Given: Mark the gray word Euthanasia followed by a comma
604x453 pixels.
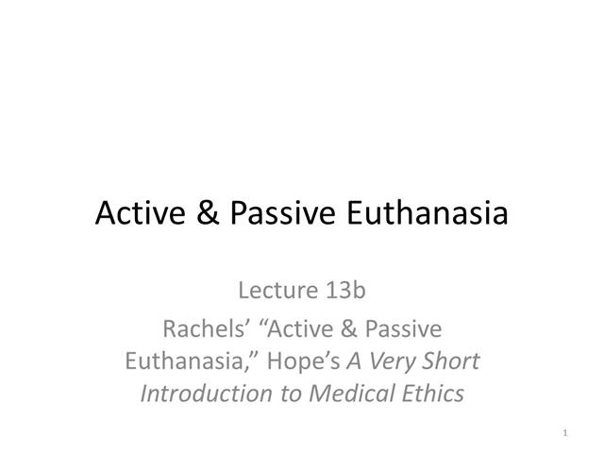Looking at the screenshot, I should [184, 361].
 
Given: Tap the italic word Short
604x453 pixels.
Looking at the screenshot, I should [454, 361].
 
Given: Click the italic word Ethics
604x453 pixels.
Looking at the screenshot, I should [431, 393].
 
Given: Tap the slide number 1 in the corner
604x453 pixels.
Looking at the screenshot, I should [562, 433].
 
